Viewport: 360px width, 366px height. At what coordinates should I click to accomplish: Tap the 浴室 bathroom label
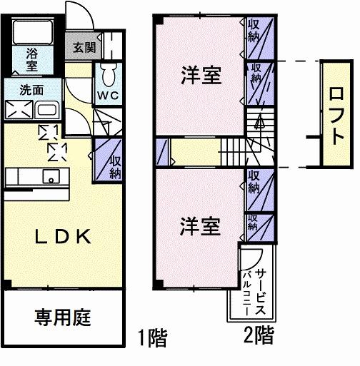[x=33, y=58]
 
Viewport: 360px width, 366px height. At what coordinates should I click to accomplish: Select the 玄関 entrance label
[x=84, y=49]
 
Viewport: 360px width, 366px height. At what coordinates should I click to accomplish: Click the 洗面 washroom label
[x=31, y=91]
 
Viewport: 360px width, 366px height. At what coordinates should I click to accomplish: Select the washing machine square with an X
[x=18, y=111]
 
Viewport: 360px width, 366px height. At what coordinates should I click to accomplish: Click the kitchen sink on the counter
[x=51, y=177]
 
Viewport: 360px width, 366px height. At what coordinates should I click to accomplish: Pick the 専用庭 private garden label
[x=63, y=317]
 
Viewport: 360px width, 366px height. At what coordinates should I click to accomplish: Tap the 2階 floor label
[x=258, y=334]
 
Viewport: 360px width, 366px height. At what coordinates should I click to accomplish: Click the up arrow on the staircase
[x=260, y=123]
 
